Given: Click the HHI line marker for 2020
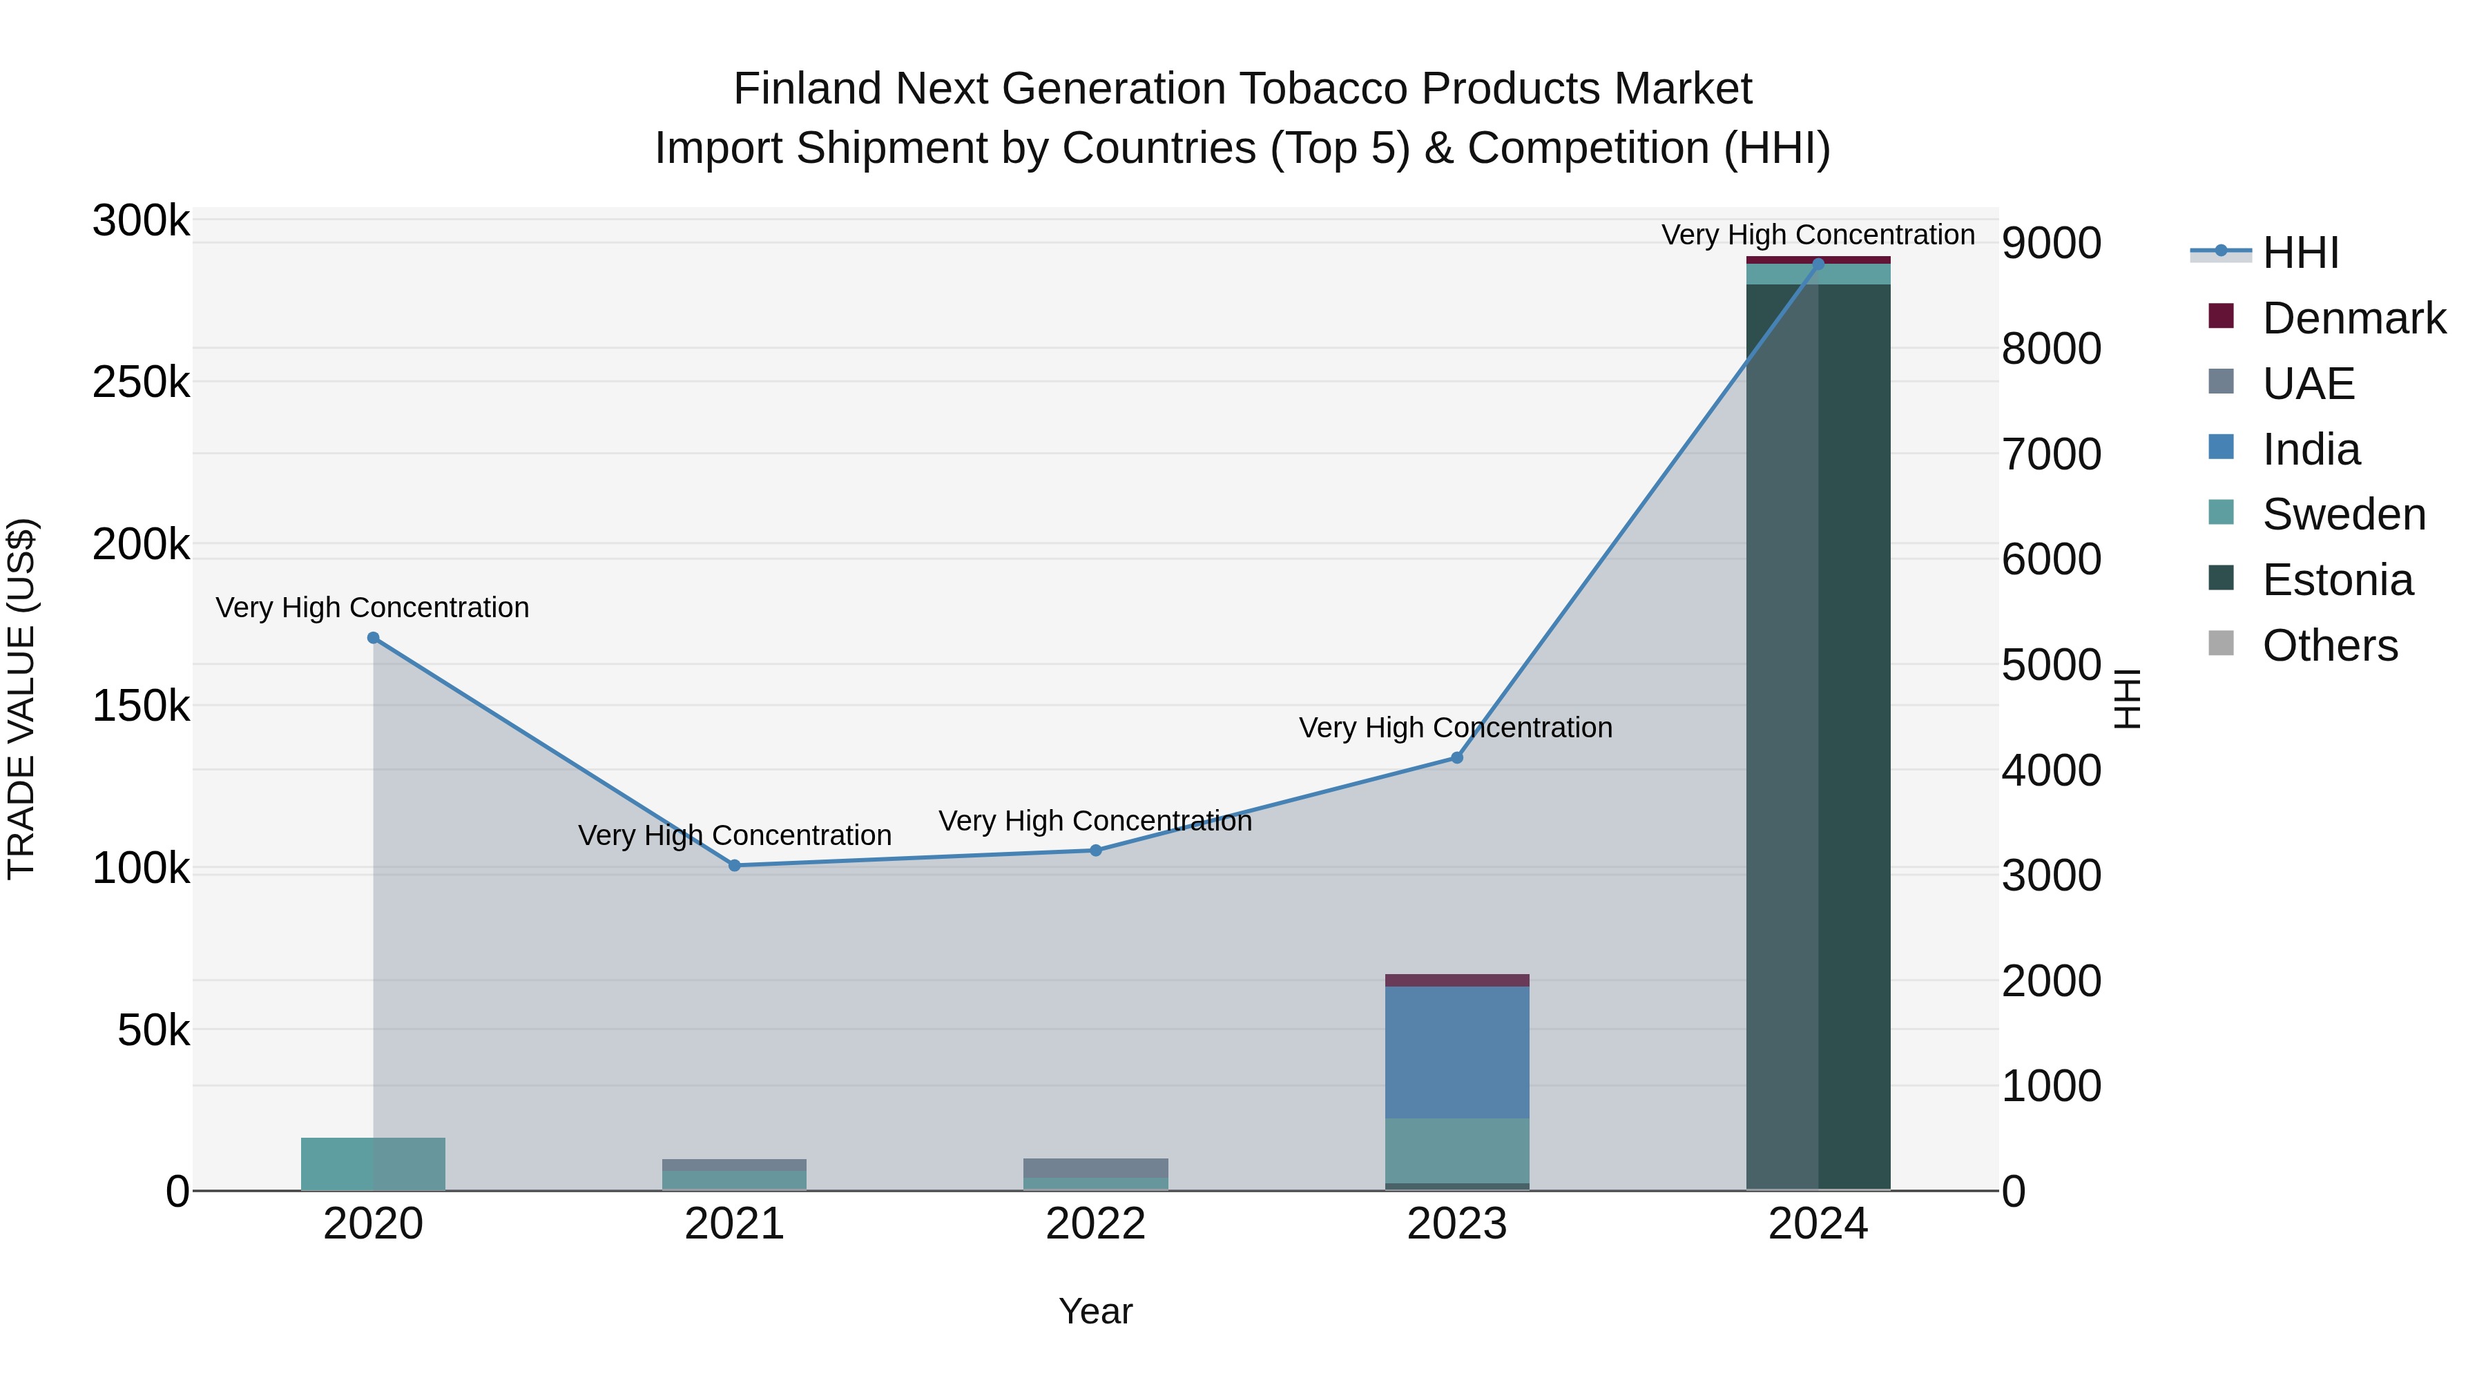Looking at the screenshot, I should click(x=374, y=638).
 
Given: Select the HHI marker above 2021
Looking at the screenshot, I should click(x=735, y=866).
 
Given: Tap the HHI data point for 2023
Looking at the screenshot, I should click(x=1457, y=757).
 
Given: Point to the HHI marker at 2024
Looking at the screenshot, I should click(x=1818, y=264).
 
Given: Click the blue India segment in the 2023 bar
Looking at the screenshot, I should click(x=1457, y=1051).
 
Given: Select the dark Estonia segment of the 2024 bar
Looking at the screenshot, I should click(x=1818, y=733).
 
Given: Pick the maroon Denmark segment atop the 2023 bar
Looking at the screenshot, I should click(x=1457, y=980).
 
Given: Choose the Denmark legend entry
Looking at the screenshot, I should click(x=2353, y=318).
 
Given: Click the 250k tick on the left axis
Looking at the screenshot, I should click(x=141, y=383).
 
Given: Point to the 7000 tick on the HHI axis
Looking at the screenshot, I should click(x=2051, y=454).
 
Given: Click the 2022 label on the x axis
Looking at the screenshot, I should click(x=1095, y=1224).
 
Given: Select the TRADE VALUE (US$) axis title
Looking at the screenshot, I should click(x=21, y=699).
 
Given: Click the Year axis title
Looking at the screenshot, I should click(x=1095, y=1311).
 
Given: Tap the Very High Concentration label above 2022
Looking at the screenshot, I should click(x=1095, y=821).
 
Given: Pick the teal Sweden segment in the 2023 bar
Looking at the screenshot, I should click(x=1457, y=1150).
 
